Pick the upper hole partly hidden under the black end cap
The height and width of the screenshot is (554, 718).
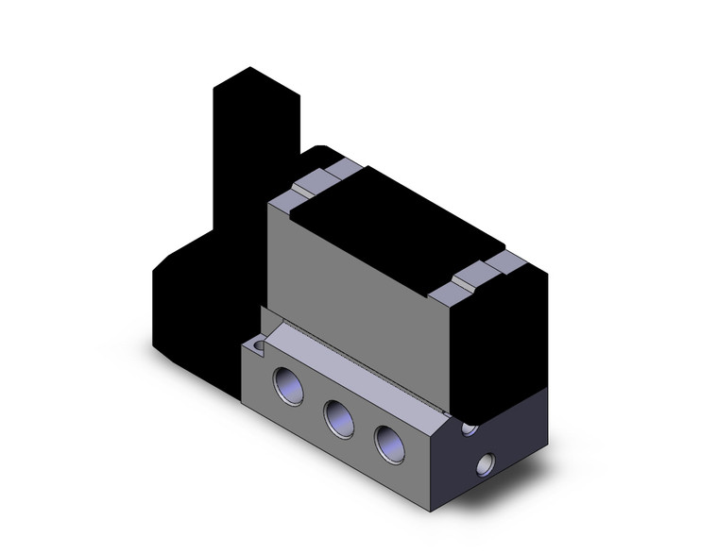(469, 428)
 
